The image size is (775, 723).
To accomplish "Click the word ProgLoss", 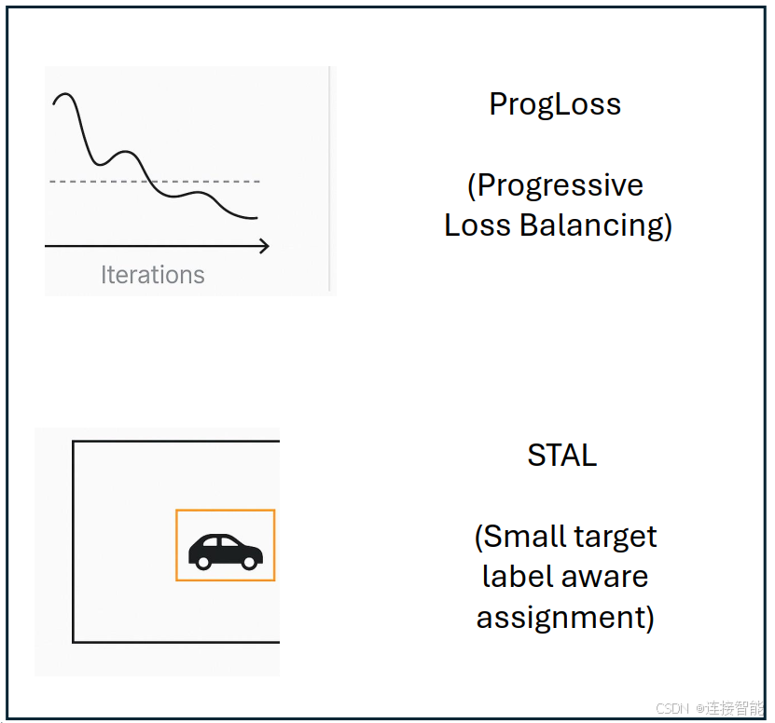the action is tap(555, 104).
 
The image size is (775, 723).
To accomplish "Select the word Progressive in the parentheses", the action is tap(560, 185).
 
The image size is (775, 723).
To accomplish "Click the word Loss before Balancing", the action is tap(477, 225).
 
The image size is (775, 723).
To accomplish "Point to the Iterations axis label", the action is tap(153, 275).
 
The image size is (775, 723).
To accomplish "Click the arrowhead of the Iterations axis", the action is tap(265, 245).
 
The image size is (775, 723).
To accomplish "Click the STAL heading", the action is tap(562, 455).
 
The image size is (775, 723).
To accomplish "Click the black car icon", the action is tap(226, 552).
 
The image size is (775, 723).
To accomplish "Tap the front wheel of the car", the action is tap(250, 562).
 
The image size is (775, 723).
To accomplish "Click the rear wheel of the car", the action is tap(203, 562).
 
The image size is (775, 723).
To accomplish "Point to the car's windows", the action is tap(220, 541).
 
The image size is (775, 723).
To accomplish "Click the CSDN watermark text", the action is tap(671, 709).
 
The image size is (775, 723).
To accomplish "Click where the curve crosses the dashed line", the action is tap(150, 182).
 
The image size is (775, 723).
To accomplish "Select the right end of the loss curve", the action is tap(257, 217).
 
